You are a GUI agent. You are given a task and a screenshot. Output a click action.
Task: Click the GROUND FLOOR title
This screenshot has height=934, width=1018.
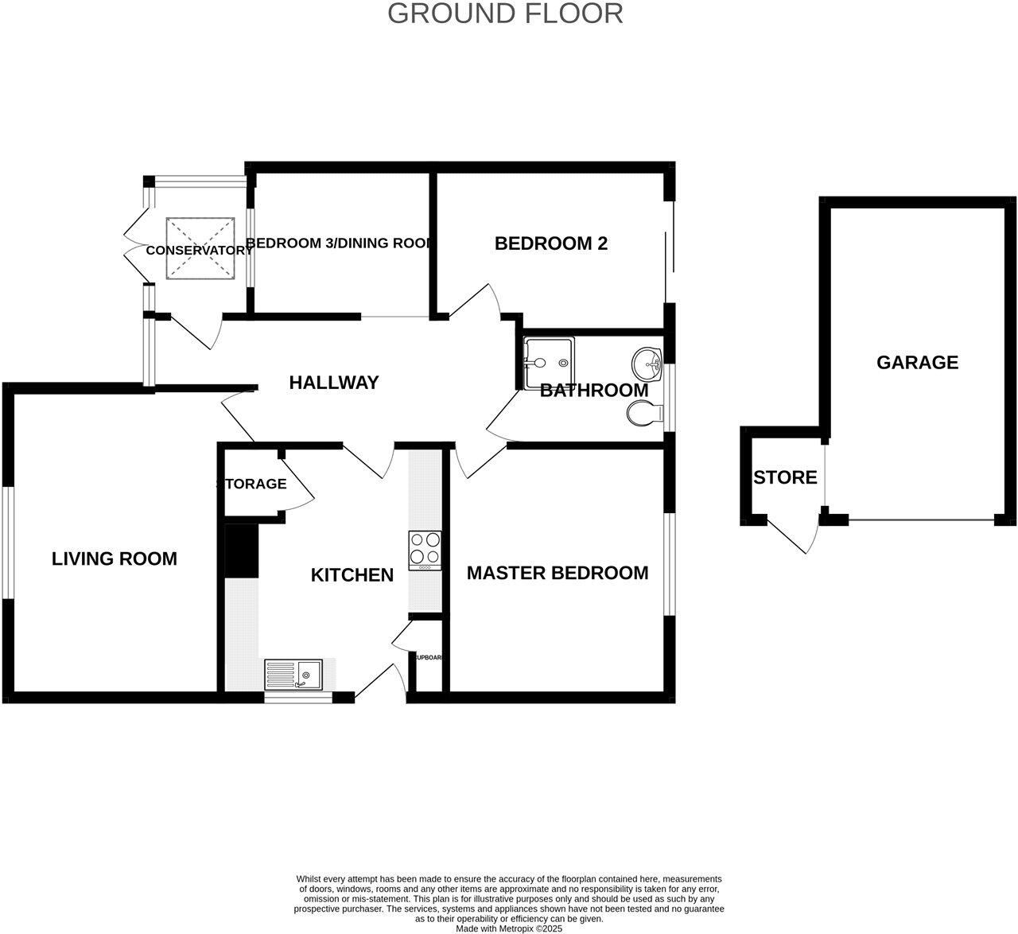[x=505, y=14]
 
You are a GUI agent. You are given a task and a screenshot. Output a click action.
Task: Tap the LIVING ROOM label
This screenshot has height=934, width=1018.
[x=115, y=558]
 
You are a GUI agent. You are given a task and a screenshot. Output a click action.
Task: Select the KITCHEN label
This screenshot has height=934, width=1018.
[x=352, y=574]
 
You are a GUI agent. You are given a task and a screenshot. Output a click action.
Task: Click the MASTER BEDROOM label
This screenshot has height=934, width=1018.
[x=557, y=573]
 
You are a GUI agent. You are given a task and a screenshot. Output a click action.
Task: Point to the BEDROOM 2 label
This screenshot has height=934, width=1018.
[x=550, y=243]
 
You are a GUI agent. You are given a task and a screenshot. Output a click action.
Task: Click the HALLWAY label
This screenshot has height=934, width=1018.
[x=333, y=383]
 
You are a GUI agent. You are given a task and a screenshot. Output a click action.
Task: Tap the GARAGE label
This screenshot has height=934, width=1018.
[x=917, y=363]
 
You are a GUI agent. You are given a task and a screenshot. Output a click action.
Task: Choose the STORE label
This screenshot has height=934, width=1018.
[x=785, y=477]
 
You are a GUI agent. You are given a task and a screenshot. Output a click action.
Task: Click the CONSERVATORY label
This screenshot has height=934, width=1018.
[x=199, y=250]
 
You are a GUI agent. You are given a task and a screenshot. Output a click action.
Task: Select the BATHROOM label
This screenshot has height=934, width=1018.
[x=594, y=391]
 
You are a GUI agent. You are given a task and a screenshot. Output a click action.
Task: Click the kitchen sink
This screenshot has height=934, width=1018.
[x=293, y=675]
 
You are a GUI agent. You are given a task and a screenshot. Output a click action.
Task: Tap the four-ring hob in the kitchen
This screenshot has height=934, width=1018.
[x=425, y=550]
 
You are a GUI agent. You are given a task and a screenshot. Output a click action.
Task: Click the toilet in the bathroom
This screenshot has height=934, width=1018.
[x=645, y=414]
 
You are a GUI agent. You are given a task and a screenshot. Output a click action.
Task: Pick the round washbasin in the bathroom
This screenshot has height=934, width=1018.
[x=647, y=364]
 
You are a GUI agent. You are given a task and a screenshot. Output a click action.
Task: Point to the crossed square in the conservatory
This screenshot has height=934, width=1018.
[x=201, y=248]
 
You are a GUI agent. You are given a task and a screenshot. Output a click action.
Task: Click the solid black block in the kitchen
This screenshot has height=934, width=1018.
[x=242, y=550]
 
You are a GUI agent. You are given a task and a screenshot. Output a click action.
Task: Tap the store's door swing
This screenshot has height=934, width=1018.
[x=795, y=538]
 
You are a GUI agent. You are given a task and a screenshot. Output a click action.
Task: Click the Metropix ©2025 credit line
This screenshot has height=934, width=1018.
[x=509, y=928]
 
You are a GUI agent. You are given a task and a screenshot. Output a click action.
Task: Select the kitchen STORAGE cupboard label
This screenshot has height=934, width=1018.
[x=252, y=484]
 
